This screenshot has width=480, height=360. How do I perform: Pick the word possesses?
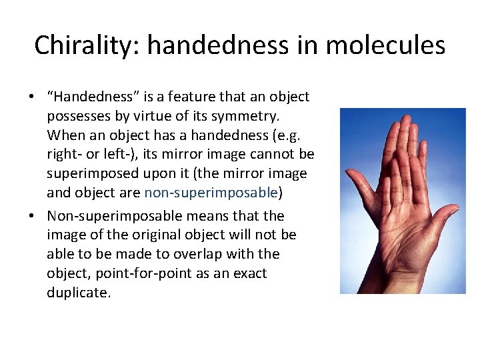tap(77, 116)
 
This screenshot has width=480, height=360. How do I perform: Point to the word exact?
tap(251, 273)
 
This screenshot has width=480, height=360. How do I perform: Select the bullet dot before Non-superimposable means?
tap(32, 217)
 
